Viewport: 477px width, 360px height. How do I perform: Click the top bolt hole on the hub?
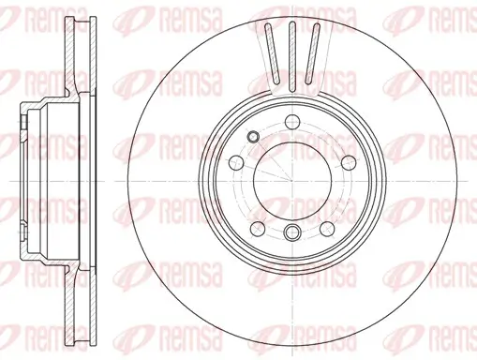291,120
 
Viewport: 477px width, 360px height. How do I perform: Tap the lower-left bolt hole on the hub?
256,228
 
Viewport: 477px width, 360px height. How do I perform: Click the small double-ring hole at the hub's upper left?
250,138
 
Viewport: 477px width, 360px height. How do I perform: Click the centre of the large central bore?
291,180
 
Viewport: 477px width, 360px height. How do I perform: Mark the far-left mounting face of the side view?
22,180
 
